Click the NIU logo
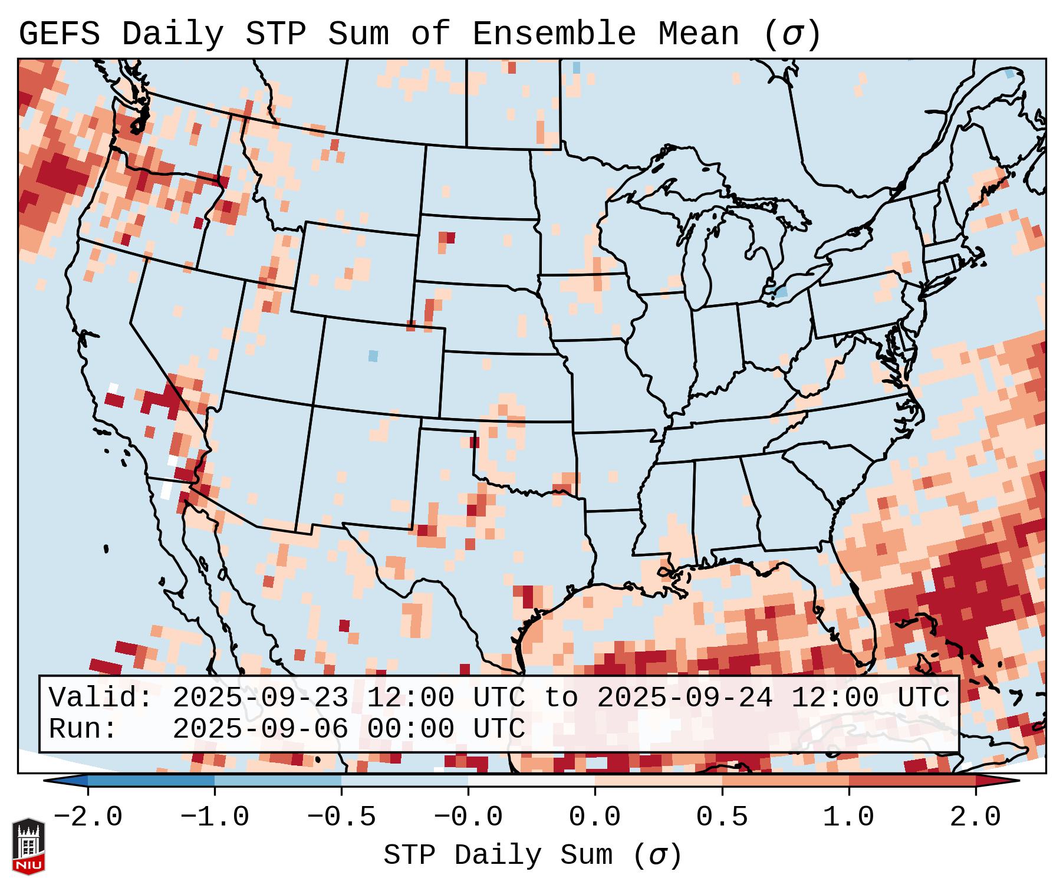click(28, 846)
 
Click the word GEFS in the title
click(59, 34)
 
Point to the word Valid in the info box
click(100, 698)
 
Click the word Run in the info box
click(83, 729)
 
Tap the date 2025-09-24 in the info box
click(684, 698)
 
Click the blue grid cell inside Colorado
click(373, 356)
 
